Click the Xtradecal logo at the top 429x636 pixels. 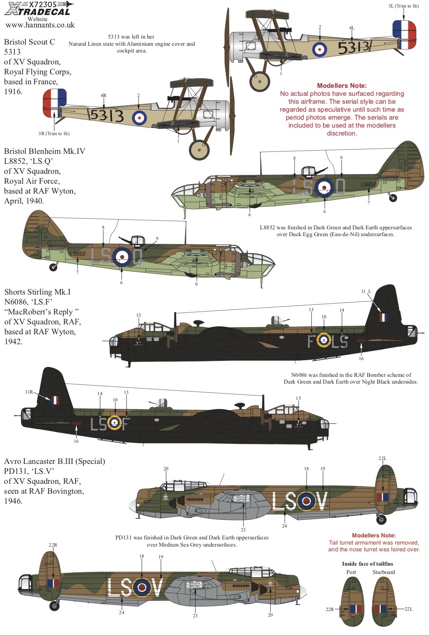tap(38, 9)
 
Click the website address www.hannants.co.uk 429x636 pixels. tap(40, 25)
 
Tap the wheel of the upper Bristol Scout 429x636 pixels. tap(260, 81)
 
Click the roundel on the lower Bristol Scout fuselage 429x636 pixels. tap(139, 118)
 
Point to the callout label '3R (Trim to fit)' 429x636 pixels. tap(54, 134)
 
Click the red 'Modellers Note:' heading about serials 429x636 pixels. tap(342, 85)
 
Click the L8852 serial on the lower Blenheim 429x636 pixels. tap(78, 254)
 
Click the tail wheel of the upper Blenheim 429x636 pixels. tap(393, 198)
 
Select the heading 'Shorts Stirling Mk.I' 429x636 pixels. tap(37, 292)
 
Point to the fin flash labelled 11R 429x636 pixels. tap(55, 399)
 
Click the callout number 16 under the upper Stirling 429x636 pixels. tap(361, 359)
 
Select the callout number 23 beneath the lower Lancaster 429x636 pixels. tap(195, 616)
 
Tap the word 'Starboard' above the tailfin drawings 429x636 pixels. tap(384, 572)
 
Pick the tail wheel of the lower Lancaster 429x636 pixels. tap(54, 606)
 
